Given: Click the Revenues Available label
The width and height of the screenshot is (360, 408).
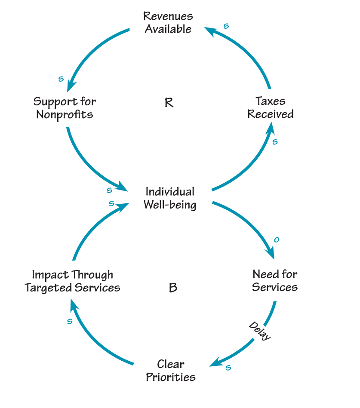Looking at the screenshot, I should pos(168,23).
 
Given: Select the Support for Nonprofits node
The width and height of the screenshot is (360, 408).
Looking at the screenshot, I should pos(65,108).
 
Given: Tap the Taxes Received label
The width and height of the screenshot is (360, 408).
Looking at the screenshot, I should pos(271,107).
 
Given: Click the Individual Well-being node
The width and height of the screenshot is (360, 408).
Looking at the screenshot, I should pos(170,198).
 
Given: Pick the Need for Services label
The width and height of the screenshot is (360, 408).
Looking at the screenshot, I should pos(275,280).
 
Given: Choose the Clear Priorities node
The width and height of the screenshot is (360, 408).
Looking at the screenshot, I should pos(171,371).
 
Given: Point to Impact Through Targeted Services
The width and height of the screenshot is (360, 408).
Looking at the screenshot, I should pos(72,281).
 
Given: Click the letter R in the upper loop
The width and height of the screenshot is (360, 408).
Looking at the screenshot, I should pos(169,103).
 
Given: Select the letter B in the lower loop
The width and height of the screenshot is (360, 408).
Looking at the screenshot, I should pos(173,288).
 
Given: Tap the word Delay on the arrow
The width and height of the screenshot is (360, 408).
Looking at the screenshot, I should pos(260,331).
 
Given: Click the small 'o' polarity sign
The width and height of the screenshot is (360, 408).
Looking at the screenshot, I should pos(277,239).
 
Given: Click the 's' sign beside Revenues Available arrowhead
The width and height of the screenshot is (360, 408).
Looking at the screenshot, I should pos(226,26).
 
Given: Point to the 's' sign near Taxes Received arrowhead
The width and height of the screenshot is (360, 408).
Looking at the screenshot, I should pos(275,141).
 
